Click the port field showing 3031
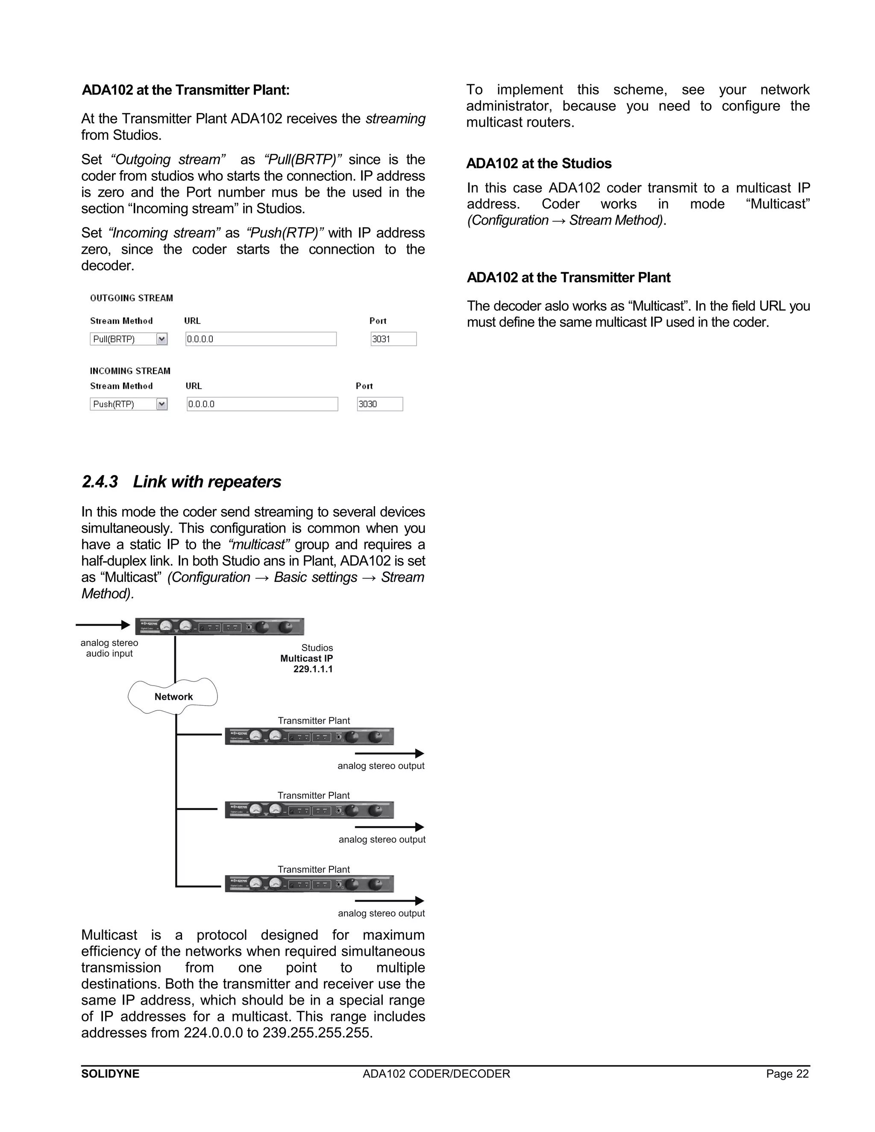[x=393, y=339]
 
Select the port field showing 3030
[x=379, y=404]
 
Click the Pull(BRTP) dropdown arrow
[x=162, y=339]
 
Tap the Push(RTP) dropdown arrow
[x=162, y=404]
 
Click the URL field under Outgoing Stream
[x=261, y=339]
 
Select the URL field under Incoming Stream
[x=262, y=404]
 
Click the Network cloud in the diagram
[x=173, y=697]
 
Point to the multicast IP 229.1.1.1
[x=313, y=669]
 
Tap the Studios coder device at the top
[x=219, y=627]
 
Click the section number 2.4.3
[x=100, y=481]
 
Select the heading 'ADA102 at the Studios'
[x=539, y=164]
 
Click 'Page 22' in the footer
[x=787, y=1073]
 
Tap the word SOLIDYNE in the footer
[x=110, y=1073]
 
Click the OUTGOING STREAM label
[x=132, y=298]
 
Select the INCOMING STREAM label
[x=130, y=371]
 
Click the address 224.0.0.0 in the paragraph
[x=213, y=1032]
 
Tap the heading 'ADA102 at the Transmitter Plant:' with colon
[x=185, y=90]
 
